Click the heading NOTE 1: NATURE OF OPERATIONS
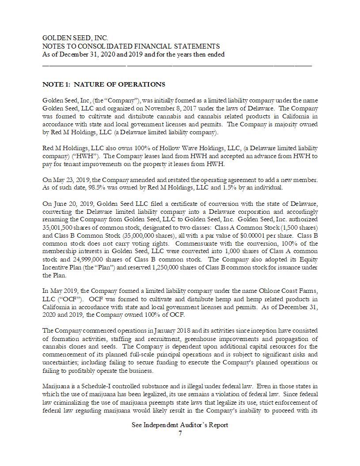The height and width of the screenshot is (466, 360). point(104,84)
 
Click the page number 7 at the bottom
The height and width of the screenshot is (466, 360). point(180,433)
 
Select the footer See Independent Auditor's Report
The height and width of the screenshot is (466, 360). point(180,425)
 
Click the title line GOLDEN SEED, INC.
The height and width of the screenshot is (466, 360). point(75,38)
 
